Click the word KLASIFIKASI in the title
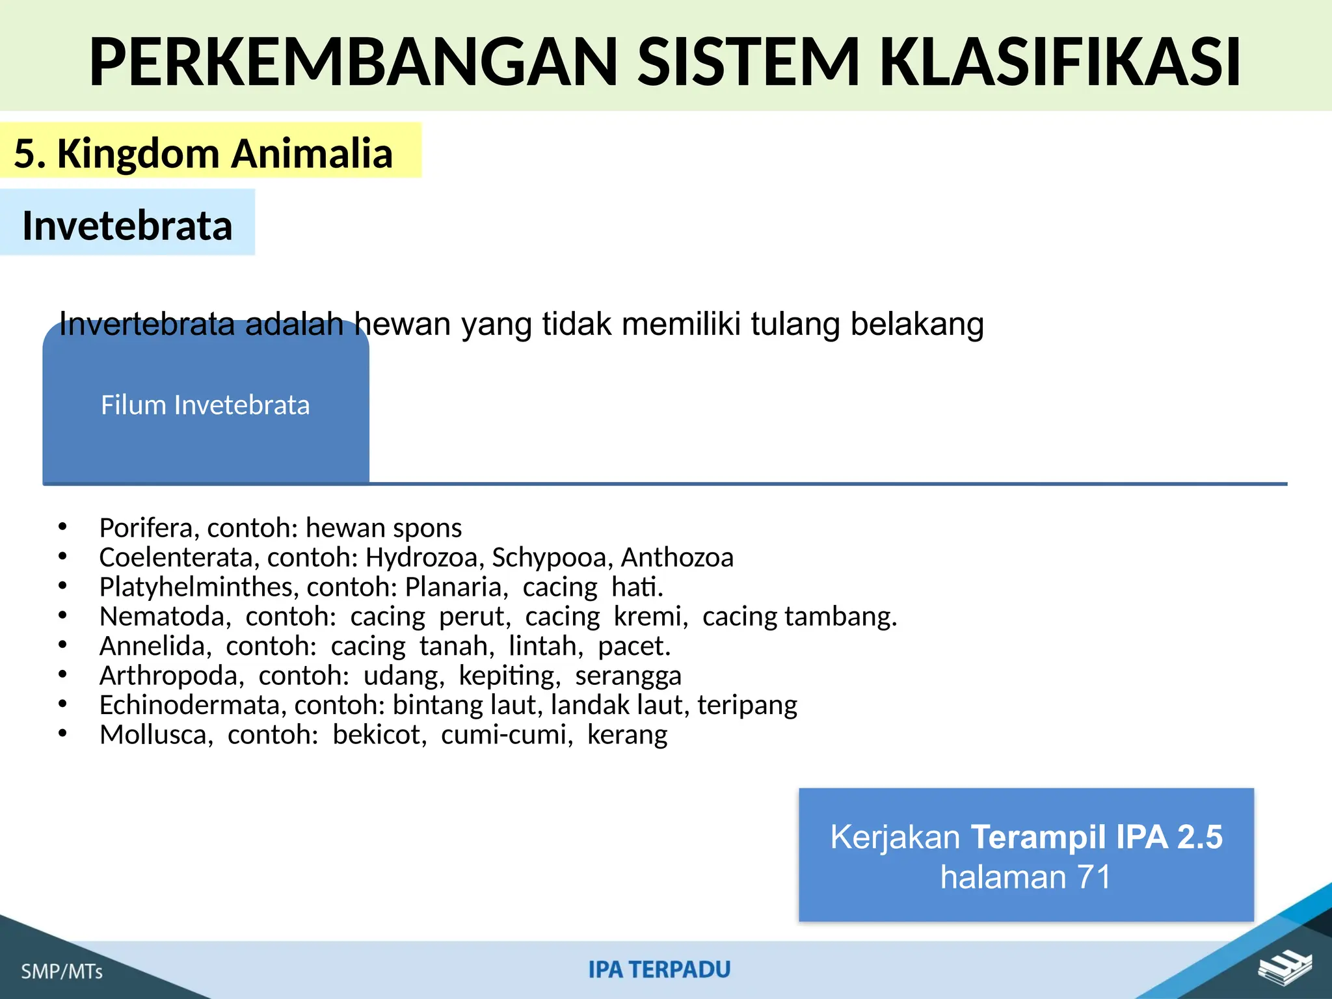(1060, 62)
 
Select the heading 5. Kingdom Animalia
(204, 153)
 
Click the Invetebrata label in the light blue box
(127, 226)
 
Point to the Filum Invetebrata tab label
(206, 405)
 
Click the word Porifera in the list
(147, 528)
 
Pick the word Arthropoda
(171, 676)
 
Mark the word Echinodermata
(193, 705)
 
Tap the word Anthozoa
(677, 557)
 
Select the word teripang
(747, 706)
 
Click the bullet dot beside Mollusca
(62, 734)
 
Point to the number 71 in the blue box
(1094, 877)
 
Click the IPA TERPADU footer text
(659, 970)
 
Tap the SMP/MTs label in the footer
(62, 972)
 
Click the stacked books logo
(1284, 968)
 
